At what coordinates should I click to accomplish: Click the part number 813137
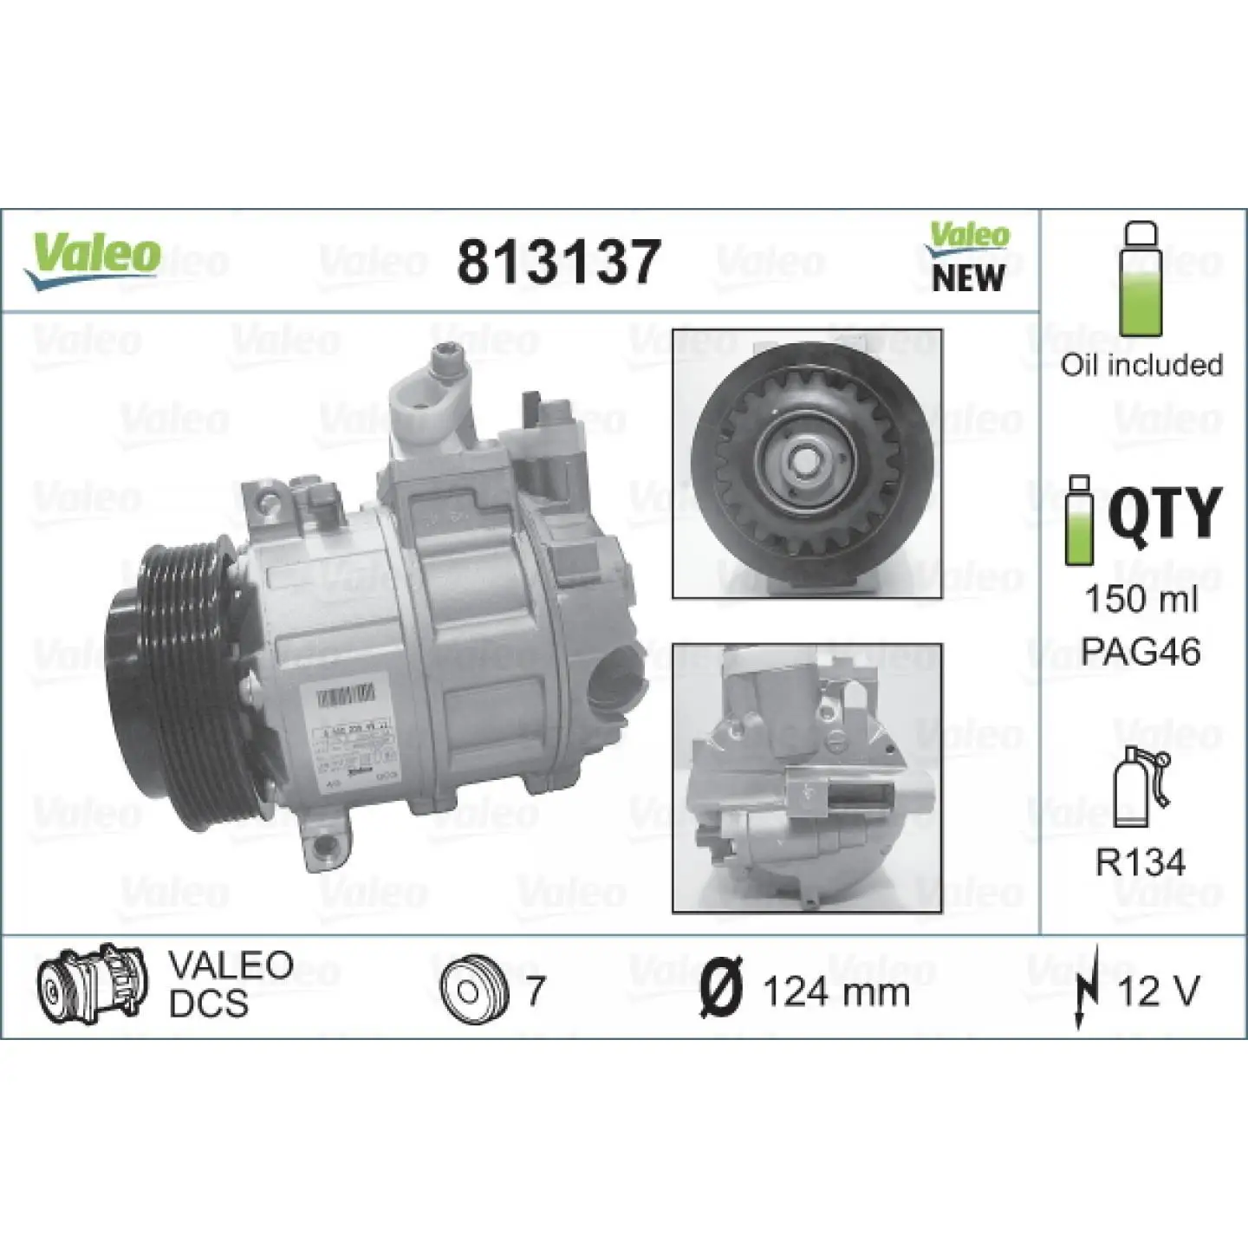(x=559, y=262)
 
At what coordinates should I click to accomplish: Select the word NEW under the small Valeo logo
(x=968, y=278)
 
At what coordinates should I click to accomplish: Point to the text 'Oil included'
(x=1141, y=365)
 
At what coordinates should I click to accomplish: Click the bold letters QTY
(x=1164, y=512)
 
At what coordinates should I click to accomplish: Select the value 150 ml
(x=1141, y=598)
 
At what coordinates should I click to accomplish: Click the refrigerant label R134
(x=1140, y=861)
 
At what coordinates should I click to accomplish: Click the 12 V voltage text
(x=1159, y=990)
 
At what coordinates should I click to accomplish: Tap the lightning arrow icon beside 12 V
(x=1087, y=989)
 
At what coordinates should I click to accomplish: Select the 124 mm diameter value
(x=836, y=991)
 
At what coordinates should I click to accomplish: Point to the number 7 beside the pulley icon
(x=536, y=990)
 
